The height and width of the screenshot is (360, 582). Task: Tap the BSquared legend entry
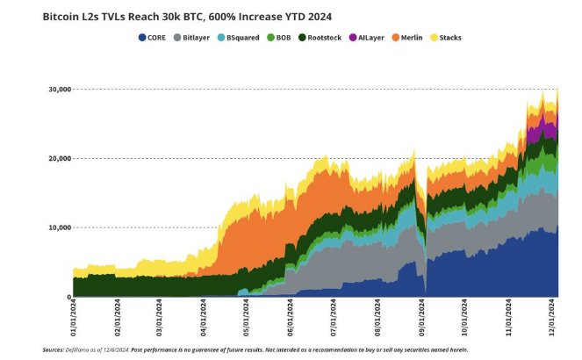pyautogui.click(x=238, y=37)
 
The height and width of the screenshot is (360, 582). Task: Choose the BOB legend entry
pyautogui.click(x=279, y=37)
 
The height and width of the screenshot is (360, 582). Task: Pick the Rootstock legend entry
pyautogui.click(x=320, y=37)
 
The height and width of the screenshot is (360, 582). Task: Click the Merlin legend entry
pyautogui.click(x=411, y=37)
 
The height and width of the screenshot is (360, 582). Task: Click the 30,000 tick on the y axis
pyautogui.click(x=58, y=89)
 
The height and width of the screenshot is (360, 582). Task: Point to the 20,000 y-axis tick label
pyautogui.click(x=58, y=158)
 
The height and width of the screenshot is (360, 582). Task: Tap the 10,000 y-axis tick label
pyautogui.click(x=58, y=227)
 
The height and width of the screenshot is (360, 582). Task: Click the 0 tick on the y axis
pyautogui.click(x=68, y=297)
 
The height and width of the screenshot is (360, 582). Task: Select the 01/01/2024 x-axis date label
pyautogui.click(x=74, y=318)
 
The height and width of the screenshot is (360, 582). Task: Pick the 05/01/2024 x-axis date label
pyautogui.click(x=247, y=318)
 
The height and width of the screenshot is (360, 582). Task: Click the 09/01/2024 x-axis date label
pyautogui.click(x=422, y=318)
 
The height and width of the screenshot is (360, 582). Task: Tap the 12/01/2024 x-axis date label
pyautogui.click(x=552, y=318)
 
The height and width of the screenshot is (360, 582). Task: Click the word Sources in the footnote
pyautogui.click(x=53, y=349)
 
